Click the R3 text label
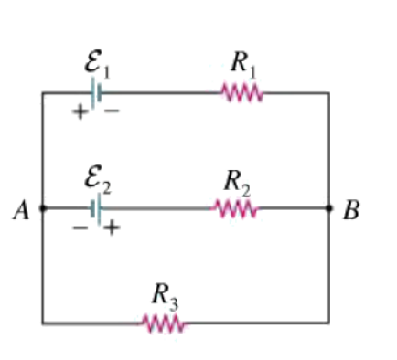[x=164, y=294]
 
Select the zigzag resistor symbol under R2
[x=236, y=208]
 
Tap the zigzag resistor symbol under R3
[x=164, y=323]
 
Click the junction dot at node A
[x=42, y=208]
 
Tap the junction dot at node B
[x=329, y=208]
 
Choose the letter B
[x=351, y=212]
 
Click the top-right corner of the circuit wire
[x=329, y=92]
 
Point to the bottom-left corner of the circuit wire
[x=42, y=323]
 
